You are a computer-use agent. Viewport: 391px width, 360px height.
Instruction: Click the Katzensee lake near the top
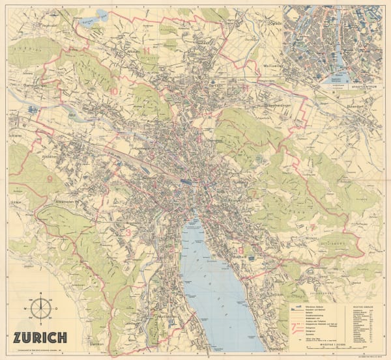tap(102, 14)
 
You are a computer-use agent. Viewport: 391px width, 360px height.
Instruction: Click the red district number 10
tap(115, 92)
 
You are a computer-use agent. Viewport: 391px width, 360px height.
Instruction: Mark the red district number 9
tap(50, 177)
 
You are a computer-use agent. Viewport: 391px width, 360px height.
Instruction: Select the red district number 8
tap(241, 250)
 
